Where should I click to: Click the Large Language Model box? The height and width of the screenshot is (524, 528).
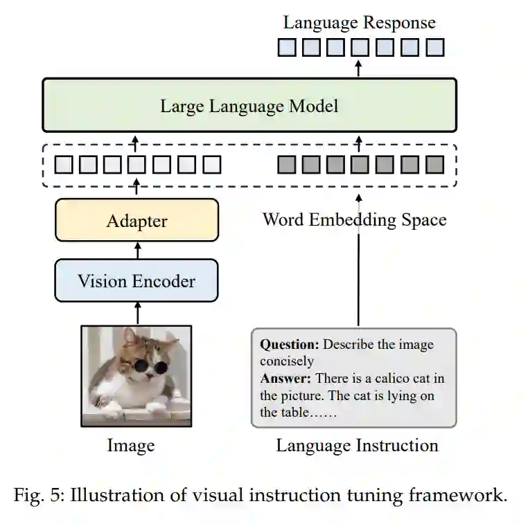click(x=249, y=105)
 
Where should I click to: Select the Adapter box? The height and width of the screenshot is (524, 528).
click(x=137, y=221)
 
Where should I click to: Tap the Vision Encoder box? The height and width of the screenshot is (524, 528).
click(x=137, y=281)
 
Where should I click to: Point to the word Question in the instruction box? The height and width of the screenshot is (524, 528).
click(x=289, y=344)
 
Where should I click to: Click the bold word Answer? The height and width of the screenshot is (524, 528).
click(x=285, y=379)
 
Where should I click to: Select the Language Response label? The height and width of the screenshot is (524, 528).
click(x=359, y=22)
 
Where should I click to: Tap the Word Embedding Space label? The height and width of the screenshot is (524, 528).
click(x=354, y=220)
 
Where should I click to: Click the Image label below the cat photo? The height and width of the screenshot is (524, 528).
click(x=130, y=445)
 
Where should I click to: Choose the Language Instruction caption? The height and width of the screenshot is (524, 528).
click(x=357, y=445)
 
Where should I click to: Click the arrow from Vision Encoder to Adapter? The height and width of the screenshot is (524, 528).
click(x=137, y=250)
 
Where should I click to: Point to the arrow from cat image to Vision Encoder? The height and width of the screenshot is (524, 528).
click(x=137, y=314)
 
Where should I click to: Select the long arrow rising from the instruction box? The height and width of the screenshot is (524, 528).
click(x=358, y=263)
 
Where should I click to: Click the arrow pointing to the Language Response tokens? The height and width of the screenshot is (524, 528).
click(x=358, y=67)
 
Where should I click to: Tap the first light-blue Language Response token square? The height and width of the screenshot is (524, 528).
click(x=285, y=47)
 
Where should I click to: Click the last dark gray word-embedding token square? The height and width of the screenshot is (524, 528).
click(x=434, y=165)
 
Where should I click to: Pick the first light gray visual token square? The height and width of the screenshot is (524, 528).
click(x=63, y=165)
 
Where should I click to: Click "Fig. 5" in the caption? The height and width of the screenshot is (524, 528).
click(x=37, y=496)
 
